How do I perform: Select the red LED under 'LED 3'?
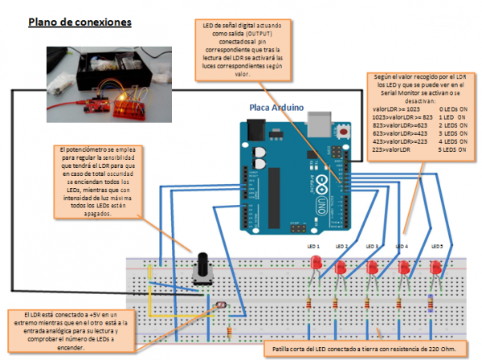click(373, 267)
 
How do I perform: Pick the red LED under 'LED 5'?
click(436, 267)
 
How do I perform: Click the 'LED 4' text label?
click(401, 246)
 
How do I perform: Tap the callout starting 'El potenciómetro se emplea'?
click(98, 181)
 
